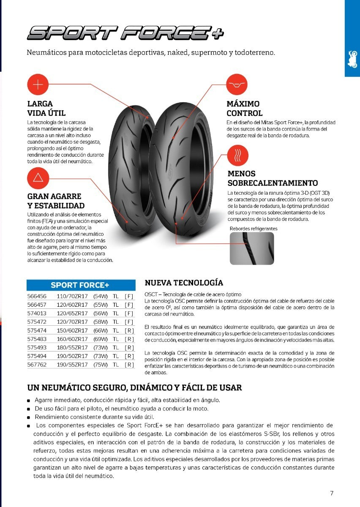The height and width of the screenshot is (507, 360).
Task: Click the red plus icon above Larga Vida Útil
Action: (38, 85)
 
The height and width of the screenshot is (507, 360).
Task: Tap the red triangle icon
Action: (38, 178)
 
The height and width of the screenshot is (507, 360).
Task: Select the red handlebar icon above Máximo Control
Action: (237, 85)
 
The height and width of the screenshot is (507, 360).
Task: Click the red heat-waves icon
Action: (238, 156)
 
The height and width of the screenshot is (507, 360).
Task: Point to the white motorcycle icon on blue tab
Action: (352, 60)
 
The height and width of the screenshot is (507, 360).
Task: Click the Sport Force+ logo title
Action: (125, 33)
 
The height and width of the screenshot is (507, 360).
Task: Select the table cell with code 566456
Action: (36, 296)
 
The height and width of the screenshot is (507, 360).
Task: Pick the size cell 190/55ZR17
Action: (72, 365)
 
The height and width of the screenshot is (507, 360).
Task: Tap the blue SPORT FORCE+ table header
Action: (81, 285)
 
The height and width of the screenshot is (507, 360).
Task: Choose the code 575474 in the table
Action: (36, 330)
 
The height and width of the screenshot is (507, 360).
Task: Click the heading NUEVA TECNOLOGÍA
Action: (184, 283)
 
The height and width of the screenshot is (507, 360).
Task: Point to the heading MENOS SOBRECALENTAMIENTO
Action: (273, 178)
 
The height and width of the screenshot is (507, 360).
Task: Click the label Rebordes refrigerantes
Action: (254, 229)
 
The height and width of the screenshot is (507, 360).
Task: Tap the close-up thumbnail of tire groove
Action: (252, 248)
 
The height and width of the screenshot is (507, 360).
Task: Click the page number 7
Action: (332, 493)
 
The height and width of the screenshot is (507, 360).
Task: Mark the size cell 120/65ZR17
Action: (72, 313)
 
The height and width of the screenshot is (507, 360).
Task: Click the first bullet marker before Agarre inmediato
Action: (28, 401)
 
